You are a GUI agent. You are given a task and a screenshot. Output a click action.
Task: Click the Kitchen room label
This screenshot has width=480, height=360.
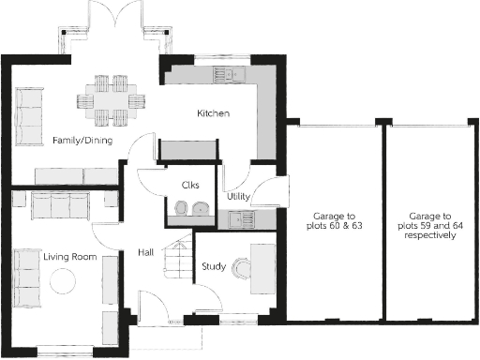pos(213,113)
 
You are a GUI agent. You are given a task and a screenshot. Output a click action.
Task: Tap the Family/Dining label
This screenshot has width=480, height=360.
pos(82,141)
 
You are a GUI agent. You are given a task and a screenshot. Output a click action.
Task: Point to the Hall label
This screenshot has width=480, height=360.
pos(146,252)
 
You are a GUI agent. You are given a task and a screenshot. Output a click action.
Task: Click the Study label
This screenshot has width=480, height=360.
pos(213,266)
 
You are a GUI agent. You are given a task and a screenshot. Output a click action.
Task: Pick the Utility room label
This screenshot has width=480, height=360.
pos(237,197)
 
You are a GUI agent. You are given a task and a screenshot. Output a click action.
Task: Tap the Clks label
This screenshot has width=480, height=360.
pos(190,185)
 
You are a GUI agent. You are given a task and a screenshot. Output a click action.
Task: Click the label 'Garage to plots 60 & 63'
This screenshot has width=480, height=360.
pos(332,221)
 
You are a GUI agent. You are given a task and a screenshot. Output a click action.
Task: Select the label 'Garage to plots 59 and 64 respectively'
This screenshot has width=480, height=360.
pos(430,225)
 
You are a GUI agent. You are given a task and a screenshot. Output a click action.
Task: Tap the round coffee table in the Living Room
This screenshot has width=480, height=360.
pos(64,279)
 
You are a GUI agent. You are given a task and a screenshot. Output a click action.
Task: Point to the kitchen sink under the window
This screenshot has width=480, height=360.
pos(228,74)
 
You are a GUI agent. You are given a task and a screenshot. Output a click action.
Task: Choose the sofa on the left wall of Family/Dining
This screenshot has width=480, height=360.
pos(29,117)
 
